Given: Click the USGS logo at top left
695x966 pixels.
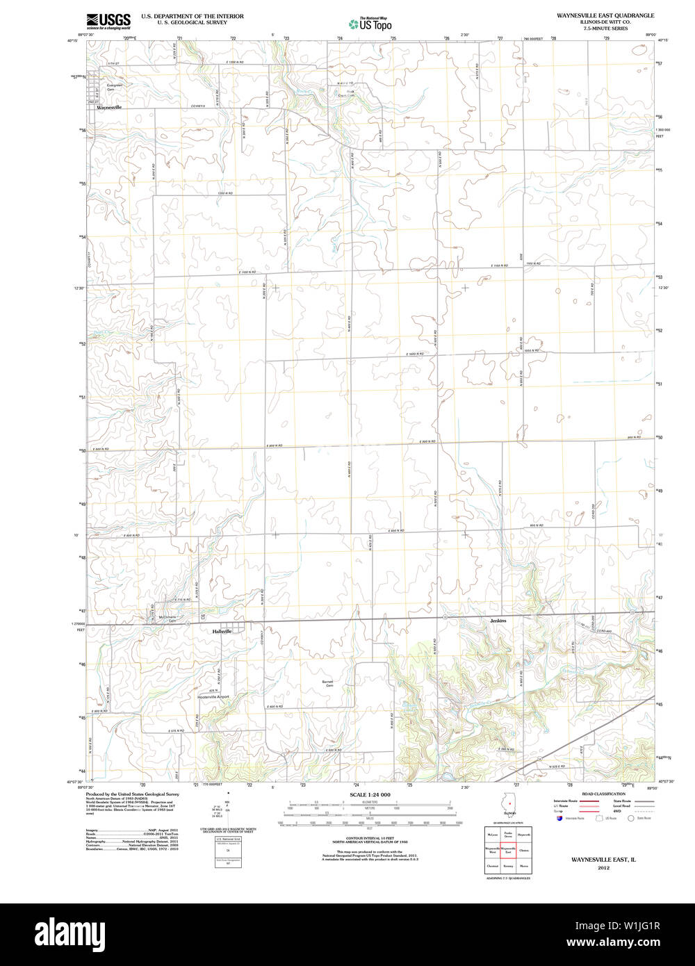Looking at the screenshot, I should point(108,21).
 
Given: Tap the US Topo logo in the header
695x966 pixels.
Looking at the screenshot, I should point(370,24).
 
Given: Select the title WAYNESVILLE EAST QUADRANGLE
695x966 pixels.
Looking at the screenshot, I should point(605,15).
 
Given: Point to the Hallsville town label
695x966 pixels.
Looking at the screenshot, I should point(223,632).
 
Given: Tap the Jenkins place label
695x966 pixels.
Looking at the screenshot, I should point(498,621).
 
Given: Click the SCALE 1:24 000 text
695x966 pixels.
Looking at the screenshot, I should point(370,794).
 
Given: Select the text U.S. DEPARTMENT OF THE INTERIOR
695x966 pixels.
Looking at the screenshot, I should point(192,15).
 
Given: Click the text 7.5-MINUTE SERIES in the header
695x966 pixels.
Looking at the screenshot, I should point(605,28).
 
